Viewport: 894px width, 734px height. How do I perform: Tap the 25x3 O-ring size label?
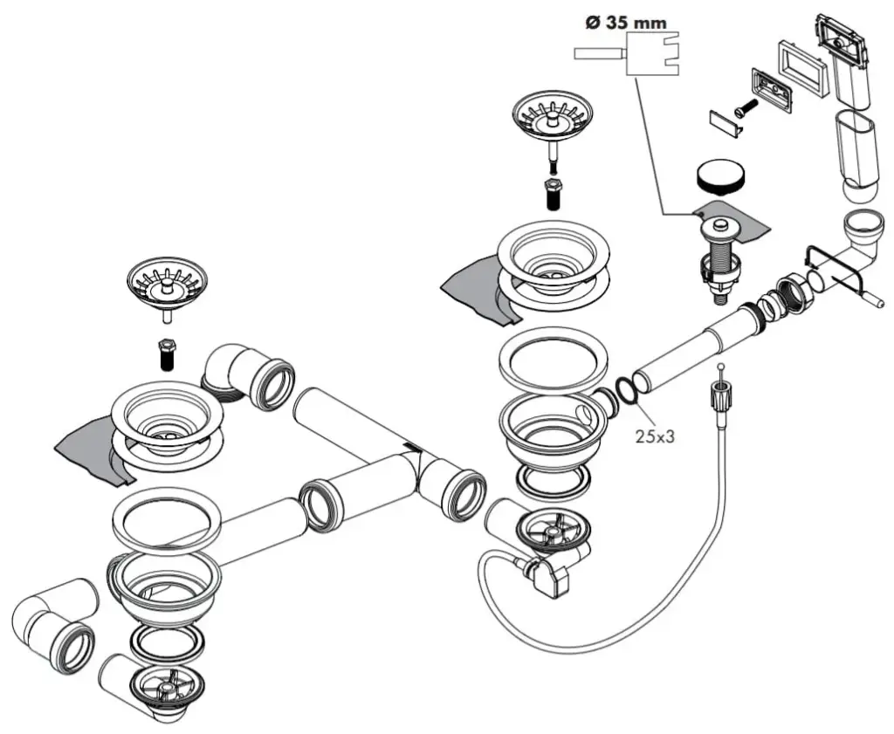point(655,436)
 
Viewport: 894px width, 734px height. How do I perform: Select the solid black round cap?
point(720,176)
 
